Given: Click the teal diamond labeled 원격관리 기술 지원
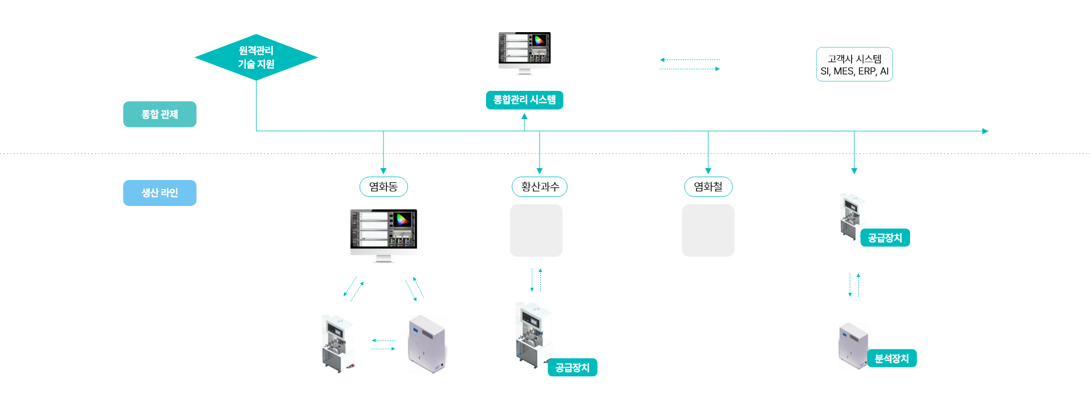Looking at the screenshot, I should click(256, 57).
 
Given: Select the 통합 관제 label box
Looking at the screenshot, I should click(160, 114).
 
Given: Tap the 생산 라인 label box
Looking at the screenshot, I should click(160, 193).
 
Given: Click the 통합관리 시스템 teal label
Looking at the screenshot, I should click(524, 100).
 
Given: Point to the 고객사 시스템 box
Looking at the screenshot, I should click(854, 64).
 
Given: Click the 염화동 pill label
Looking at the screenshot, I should click(383, 187).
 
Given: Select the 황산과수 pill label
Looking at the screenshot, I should click(540, 187).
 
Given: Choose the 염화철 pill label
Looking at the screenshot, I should click(708, 187).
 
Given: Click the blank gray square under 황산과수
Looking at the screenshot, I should click(536, 230).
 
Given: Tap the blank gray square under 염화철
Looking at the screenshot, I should click(708, 230).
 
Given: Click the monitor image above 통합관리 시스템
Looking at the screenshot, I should click(524, 54).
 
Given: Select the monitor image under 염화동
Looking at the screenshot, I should click(383, 236).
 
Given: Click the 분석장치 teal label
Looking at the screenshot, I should click(892, 358).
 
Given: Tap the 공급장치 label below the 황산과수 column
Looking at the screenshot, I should click(572, 367).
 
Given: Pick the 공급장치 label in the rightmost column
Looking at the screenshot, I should click(885, 238).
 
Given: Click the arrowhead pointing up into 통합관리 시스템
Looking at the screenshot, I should click(524, 116).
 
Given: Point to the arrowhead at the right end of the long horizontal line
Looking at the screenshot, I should click(985, 131).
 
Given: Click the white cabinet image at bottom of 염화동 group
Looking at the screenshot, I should click(427, 345).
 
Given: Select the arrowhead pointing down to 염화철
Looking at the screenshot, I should click(708, 171).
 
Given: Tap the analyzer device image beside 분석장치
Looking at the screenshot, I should click(854, 346).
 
